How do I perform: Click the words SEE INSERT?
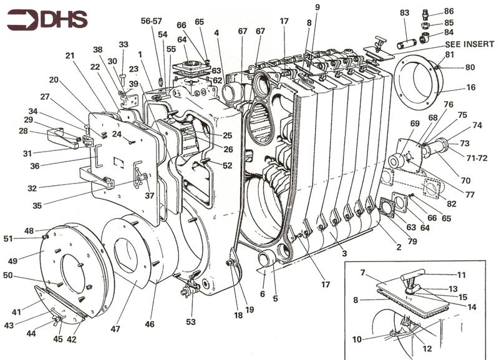[x=470, y=45]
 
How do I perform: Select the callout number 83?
[x=404, y=12]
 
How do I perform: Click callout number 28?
[x=22, y=131]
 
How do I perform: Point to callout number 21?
[x=70, y=56]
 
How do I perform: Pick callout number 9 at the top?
[x=317, y=7]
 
